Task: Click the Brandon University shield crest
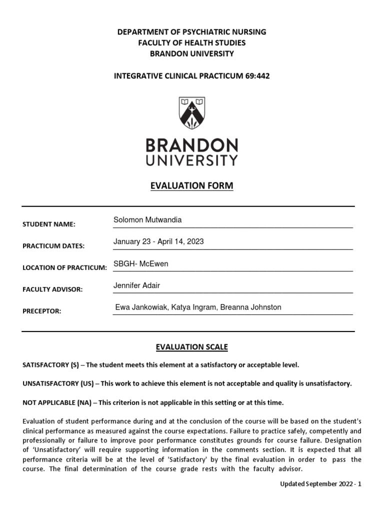(x=191, y=113)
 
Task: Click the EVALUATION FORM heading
(x=191, y=186)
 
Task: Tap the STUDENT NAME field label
(x=48, y=224)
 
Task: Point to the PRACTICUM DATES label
(x=53, y=246)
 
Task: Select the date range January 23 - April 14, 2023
(x=158, y=241)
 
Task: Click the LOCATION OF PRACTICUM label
(x=64, y=268)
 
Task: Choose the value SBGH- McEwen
(x=141, y=263)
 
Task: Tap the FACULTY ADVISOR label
(x=52, y=289)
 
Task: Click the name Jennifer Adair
(x=137, y=285)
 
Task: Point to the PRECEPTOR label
(x=41, y=311)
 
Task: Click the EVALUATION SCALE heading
(x=191, y=347)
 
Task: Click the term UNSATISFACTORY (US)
(x=57, y=383)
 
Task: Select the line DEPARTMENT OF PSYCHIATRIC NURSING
(x=191, y=32)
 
